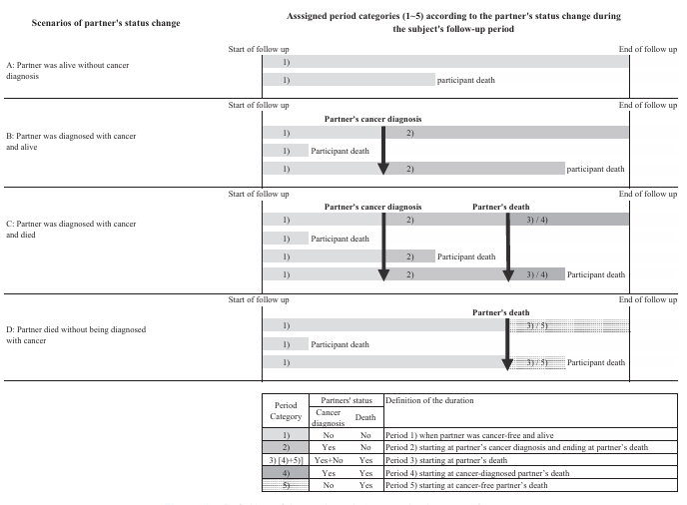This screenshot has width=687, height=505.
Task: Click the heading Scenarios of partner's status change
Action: coord(92,23)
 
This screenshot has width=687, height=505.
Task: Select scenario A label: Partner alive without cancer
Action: coord(81,70)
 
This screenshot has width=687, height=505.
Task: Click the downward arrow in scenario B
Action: coord(383,150)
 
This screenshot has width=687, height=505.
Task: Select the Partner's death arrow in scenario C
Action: coord(508,246)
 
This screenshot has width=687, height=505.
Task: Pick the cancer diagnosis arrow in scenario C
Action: coord(383,246)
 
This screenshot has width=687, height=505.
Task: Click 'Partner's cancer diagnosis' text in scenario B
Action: coord(372,119)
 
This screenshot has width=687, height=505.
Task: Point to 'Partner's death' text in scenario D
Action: coord(501,312)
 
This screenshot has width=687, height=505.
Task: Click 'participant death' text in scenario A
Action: coord(466,80)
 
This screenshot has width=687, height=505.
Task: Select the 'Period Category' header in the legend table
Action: coord(286,410)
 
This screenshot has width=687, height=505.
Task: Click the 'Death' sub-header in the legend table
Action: coord(365,418)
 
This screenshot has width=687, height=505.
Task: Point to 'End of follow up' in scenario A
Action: coord(648,49)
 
